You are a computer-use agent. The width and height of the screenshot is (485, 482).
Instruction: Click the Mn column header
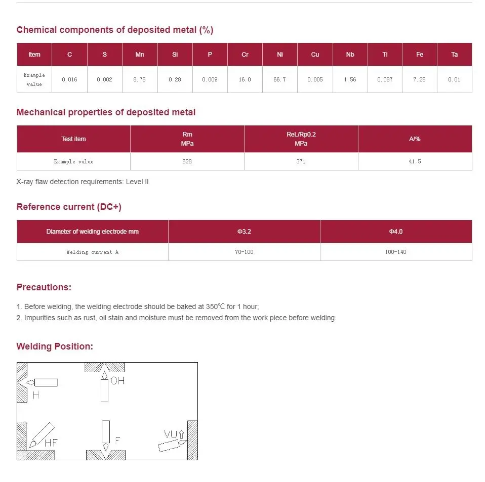[x=140, y=55]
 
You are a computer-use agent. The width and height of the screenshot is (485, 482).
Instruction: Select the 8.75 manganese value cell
[x=140, y=79]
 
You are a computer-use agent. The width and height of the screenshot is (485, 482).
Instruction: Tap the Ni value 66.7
[x=279, y=79]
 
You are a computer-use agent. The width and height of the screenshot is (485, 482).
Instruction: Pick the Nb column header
[x=350, y=55]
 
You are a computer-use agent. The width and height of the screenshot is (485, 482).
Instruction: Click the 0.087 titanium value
[x=385, y=79]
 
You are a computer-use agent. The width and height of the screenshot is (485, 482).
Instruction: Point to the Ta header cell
[x=454, y=55]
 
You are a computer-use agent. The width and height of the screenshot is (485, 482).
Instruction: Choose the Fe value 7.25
[x=419, y=79]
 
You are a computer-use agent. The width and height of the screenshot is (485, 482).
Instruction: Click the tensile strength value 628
[x=187, y=161]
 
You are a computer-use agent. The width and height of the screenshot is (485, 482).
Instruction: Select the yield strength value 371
[x=301, y=161]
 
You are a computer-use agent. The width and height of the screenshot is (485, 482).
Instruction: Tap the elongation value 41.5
[x=415, y=161]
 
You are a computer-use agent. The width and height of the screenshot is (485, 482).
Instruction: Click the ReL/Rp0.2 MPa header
[x=301, y=139]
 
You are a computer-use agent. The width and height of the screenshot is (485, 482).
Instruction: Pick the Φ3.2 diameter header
[x=244, y=232]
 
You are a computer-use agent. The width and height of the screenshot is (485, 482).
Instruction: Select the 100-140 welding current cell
[x=395, y=252]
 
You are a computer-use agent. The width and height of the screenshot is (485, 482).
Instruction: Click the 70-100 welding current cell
[x=244, y=252]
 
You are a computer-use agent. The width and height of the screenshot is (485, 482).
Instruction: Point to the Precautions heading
[x=44, y=287]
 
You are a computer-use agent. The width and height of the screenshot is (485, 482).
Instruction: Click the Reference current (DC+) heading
[x=69, y=207]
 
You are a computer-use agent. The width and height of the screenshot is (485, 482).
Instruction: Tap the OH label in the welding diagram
[x=117, y=381]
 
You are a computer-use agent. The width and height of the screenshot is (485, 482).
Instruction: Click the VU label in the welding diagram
[x=170, y=434]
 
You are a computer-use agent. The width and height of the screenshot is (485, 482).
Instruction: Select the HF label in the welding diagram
[x=51, y=443]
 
